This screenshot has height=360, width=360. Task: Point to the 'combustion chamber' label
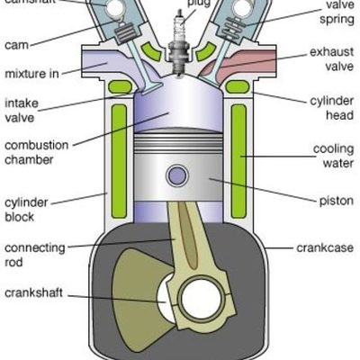[31, 152]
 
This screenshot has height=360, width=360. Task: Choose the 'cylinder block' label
[23, 210]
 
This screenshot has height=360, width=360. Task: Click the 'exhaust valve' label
[331, 59]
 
